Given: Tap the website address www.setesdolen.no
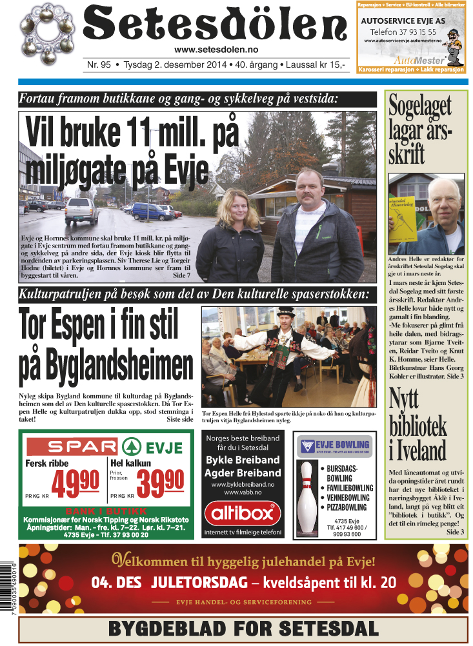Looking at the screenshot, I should [x=216, y=50].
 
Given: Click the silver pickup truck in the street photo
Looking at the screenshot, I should [x=81, y=210].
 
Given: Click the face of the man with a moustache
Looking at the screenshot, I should [x=308, y=190].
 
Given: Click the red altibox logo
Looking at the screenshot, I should [x=243, y=514].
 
